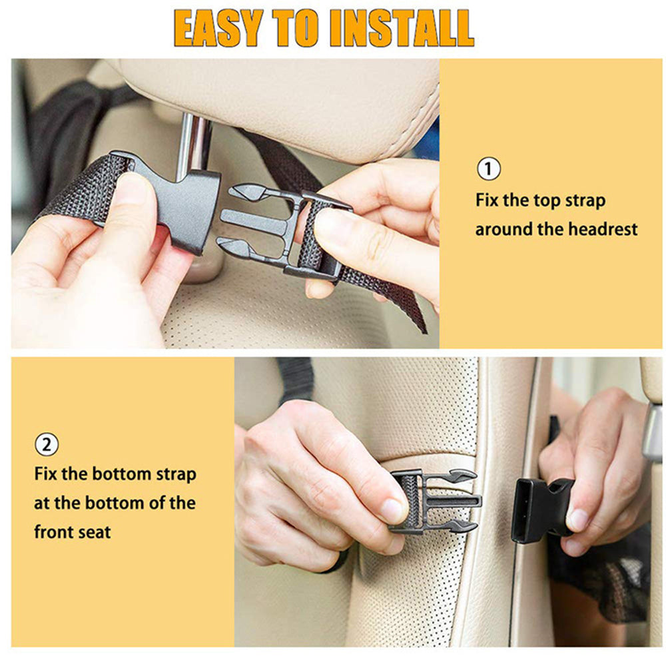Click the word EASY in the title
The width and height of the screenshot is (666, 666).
(x=218, y=27)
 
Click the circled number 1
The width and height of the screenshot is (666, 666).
(x=489, y=169)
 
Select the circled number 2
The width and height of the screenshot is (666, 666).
(x=46, y=444)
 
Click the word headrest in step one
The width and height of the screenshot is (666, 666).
(x=602, y=229)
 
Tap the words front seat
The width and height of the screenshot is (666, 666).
(x=73, y=531)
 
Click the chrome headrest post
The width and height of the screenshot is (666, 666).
(x=195, y=143)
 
